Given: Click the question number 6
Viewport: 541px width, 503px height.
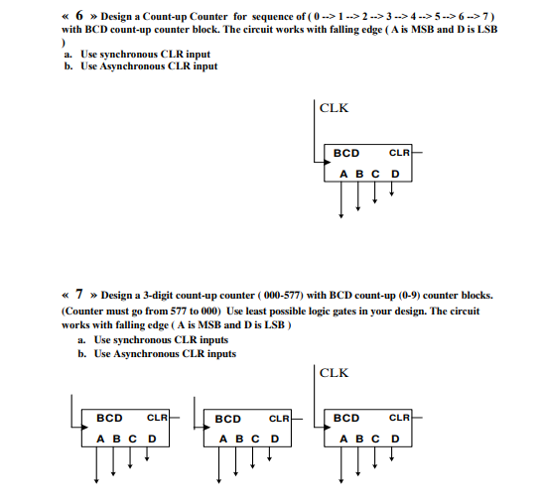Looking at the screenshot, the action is [x=76, y=18].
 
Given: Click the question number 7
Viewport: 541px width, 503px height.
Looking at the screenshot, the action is [x=76, y=295].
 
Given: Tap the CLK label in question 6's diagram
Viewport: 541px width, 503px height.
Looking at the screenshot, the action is [x=335, y=108].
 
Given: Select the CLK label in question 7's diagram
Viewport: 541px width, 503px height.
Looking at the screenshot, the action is [x=335, y=374].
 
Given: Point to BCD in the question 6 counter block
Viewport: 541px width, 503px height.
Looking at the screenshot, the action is [x=346, y=154].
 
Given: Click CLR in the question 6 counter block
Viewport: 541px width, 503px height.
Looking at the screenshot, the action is [x=399, y=154].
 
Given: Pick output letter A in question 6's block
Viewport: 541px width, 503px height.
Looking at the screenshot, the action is [x=343, y=174].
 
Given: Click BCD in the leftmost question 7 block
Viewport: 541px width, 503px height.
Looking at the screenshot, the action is [x=109, y=419].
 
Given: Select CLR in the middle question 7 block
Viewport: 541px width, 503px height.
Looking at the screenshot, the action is [x=280, y=420].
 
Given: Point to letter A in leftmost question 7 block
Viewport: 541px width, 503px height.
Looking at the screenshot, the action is [x=99, y=439].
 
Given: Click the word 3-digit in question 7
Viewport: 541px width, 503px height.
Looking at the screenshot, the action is [x=162, y=296].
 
